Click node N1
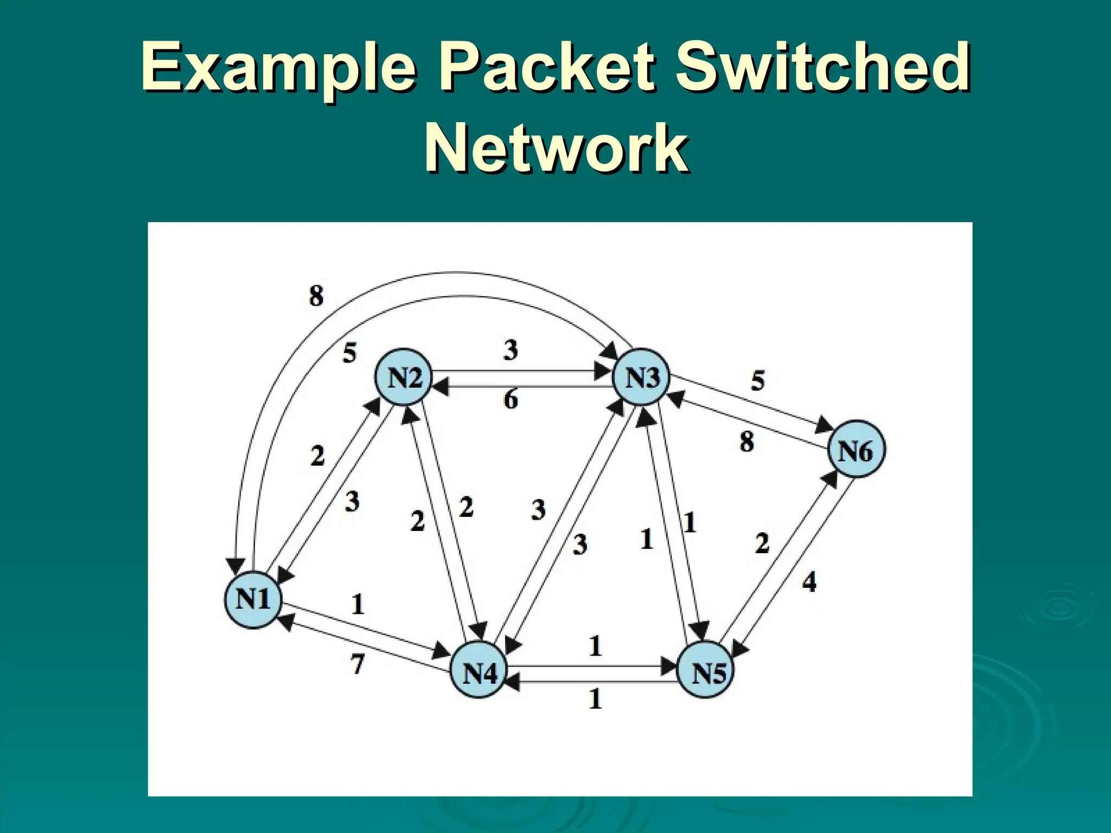(253, 599)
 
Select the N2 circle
(404, 377)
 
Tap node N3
(642, 377)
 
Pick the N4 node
(480, 673)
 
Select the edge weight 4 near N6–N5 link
(809, 582)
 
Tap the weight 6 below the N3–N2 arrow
(510, 400)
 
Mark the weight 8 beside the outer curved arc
(316, 296)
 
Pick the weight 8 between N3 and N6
(746, 441)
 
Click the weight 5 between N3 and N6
(758, 381)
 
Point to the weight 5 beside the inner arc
(349, 353)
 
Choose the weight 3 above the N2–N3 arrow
(510, 350)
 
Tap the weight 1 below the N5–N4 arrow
(596, 699)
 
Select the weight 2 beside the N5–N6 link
(762, 543)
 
